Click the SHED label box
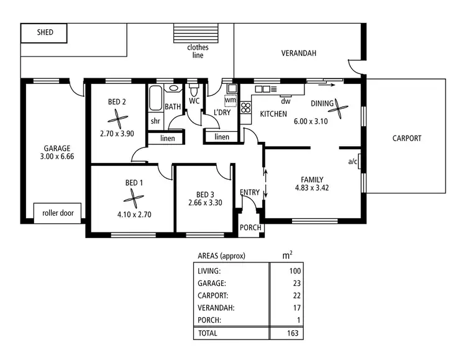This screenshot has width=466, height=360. tap(44, 32)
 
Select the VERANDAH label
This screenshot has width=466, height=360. tap(299, 53)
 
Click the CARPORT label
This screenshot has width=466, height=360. tap(406, 139)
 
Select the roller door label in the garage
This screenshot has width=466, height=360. tap(58, 213)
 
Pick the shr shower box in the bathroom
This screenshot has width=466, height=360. tap(155, 121)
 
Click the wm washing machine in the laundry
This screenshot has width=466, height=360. tap(231, 99)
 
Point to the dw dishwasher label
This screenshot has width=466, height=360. tap(286, 101)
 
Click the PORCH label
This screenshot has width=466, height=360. tap(251, 228)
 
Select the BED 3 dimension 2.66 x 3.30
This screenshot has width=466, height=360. tap(204, 203)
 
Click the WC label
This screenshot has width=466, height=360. tap(194, 101)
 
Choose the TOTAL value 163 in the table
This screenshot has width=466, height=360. tap(293, 333)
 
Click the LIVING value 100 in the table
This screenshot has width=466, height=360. tap(294, 271)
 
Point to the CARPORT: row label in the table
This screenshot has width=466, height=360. tap(213, 295)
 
